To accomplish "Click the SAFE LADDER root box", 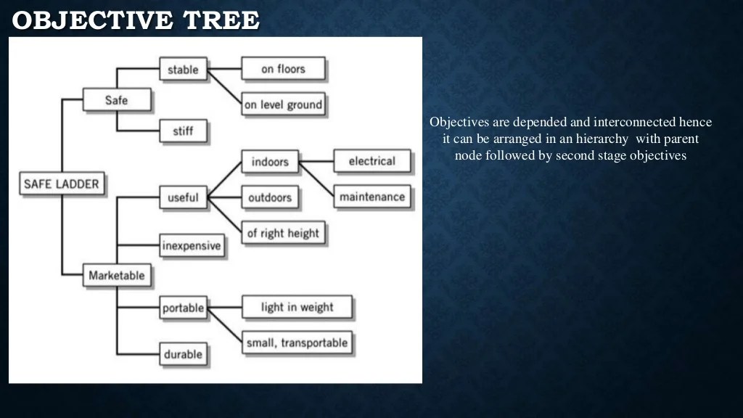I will tap(62, 184).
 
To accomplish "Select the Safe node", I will tap(116, 99).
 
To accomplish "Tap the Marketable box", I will tap(116, 275).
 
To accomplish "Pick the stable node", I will tap(183, 70).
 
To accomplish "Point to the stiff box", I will tap(183, 131).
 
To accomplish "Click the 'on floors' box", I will tap(283, 70).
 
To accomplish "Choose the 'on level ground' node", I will tap(283, 104).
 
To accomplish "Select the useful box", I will tap(183, 197).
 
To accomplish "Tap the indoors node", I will tap(270, 162).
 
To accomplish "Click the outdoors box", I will tap(270, 197).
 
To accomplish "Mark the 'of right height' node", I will tap(283, 233).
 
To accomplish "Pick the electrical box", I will tap(371, 161).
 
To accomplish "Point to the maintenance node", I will tap(371, 197).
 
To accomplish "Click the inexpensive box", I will tap(192, 245).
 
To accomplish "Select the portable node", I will tap(183, 308).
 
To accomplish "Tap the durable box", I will tap(183, 355).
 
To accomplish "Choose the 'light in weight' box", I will tap(297, 307).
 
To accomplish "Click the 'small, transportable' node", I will tap(297, 343).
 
